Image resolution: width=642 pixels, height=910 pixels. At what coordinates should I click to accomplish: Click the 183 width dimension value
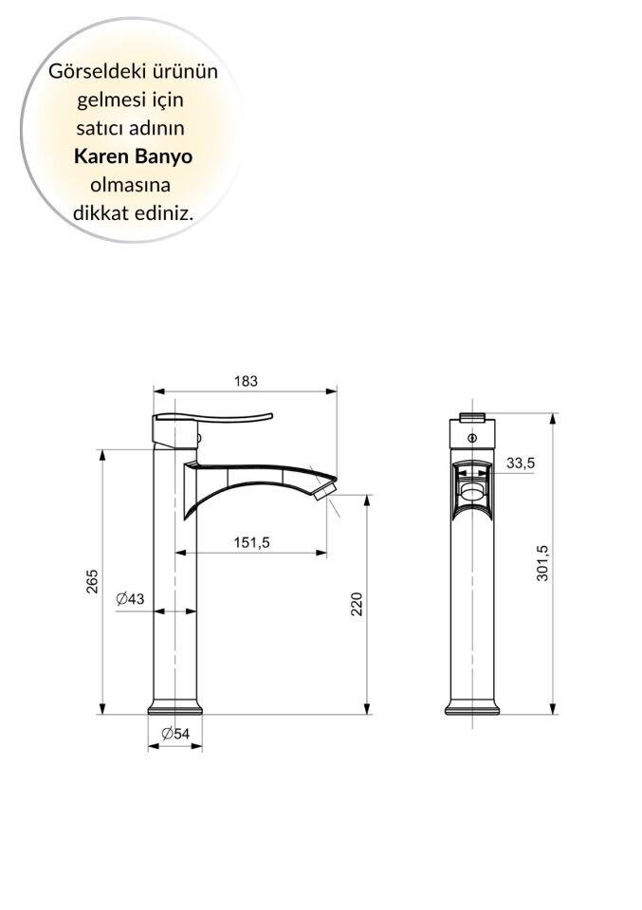[x=246, y=381]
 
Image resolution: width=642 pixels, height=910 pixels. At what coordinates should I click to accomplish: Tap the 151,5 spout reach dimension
[x=253, y=542]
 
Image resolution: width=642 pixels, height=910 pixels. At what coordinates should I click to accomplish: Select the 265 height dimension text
[x=92, y=581]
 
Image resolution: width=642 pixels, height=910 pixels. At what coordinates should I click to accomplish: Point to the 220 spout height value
[x=358, y=604]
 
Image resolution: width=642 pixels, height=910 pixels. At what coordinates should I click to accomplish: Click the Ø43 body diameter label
[x=130, y=599]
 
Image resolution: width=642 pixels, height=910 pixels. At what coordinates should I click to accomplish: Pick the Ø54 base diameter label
[x=175, y=734]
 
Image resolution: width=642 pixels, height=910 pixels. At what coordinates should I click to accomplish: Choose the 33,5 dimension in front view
[x=521, y=463]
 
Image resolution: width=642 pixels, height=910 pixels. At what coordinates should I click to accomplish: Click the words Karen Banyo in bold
[x=132, y=155]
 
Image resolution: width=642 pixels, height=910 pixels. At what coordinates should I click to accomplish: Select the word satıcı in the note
[x=100, y=127]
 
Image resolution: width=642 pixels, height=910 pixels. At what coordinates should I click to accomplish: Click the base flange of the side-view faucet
[x=175, y=708]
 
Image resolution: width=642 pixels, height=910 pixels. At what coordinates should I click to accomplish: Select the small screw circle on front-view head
[x=472, y=438]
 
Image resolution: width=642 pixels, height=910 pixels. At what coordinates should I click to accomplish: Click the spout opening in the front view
[x=472, y=489]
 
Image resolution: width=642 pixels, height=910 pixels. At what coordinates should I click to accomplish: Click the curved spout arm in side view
[x=256, y=474]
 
